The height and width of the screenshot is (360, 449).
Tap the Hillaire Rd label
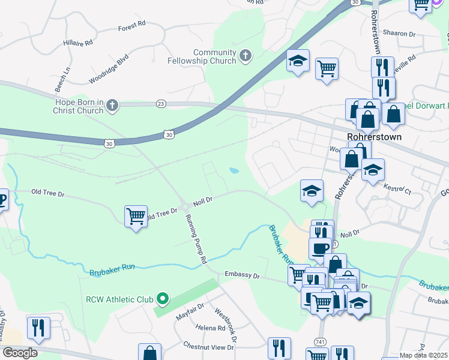(x=79, y=43)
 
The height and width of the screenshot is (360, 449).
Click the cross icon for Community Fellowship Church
(x=244, y=56)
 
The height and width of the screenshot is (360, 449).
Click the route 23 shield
(x=160, y=104)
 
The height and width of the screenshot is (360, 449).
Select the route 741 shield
(x=316, y=341)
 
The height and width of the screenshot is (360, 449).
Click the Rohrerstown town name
(x=374, y=137)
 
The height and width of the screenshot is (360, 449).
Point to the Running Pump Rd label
(x=196, y=239)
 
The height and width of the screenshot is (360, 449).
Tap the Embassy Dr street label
(x=242, y=275)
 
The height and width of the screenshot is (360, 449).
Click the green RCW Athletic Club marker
(x=161, y=298)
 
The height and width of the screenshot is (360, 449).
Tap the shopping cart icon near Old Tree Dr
(x=136, y=215)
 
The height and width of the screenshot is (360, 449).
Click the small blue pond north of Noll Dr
(x=233, y=172)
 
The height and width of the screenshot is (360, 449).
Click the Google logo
(x=20, y=353)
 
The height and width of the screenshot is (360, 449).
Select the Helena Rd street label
(x=210, y=328)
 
